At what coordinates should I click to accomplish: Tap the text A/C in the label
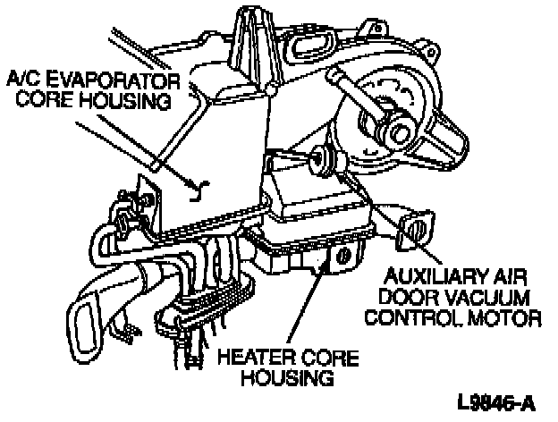click(25, 81)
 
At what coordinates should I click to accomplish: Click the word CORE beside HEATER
click(329, 359)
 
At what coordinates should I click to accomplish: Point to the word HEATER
click(258, 359)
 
